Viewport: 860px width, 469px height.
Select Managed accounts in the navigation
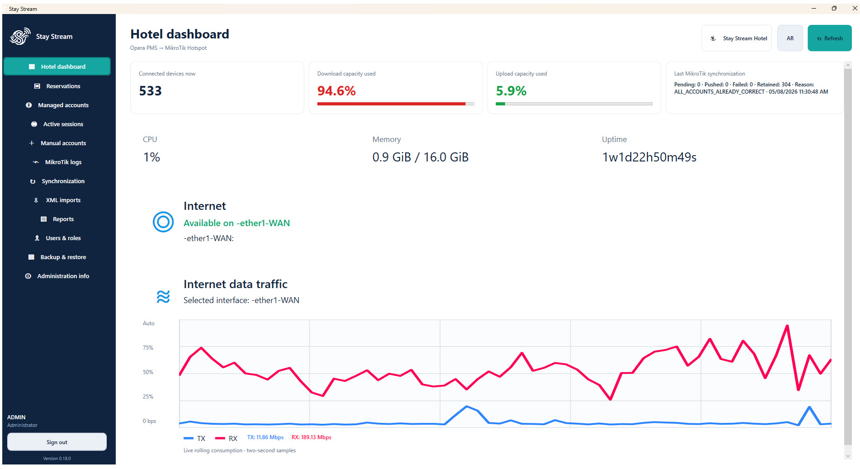tap(57, 105)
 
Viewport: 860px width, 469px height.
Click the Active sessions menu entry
tap(57, 124)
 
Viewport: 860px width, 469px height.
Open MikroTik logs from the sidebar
tap(57, 162)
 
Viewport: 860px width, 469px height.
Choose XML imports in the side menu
tap(57, 200)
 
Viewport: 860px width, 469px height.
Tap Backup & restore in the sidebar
tap(57, 257)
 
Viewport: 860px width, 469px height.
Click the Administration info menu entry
tap(57, 276)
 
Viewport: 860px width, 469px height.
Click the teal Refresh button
tap(830, 38)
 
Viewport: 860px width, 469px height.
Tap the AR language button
tap(790, 38)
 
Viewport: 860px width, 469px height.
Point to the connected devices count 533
tap(150, 91)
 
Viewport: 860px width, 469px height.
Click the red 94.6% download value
tap(336, 91)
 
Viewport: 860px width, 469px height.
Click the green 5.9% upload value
tap(511, 91)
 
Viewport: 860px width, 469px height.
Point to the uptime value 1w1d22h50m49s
tap(649, 157)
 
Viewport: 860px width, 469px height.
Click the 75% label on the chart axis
tap(148, 348)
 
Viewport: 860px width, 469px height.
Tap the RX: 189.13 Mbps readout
tap(311, 437)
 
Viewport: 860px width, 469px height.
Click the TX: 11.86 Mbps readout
tap(265, 437)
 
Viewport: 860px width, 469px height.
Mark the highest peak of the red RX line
tap(787, 326)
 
